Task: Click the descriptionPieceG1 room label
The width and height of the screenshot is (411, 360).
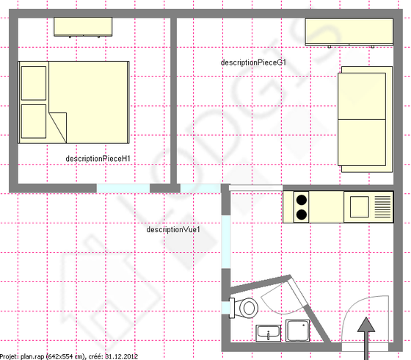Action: click(253, 62)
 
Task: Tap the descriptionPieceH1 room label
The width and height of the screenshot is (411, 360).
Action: click(98, 159)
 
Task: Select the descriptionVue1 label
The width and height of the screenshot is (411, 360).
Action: click(173, 229)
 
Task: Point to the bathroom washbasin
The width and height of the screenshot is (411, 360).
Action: click(268, 334)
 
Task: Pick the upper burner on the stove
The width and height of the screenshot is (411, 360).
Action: click(302, 200)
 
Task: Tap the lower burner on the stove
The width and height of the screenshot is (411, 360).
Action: click(302, 215)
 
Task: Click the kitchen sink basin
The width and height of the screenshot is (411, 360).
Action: click(360, 206)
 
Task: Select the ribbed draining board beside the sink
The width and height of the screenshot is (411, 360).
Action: click(382, 207)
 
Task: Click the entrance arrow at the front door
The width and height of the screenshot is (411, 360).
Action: click(366, 339)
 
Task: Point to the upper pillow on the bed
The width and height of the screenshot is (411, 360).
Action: click(34, 83)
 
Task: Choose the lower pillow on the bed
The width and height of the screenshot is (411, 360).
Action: click(34, 121)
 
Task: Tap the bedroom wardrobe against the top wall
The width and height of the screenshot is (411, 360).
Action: click(83, 26)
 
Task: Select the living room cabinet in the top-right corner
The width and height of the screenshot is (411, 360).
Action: click(349, 32)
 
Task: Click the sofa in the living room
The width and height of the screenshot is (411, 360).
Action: click(365, 119)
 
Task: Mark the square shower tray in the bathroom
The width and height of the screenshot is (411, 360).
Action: click(297, 331)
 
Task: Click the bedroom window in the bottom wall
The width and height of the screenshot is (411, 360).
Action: click(123, 188)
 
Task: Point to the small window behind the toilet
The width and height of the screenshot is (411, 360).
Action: click(225, 308)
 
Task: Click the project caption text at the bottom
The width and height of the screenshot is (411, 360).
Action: click(69, 356)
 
